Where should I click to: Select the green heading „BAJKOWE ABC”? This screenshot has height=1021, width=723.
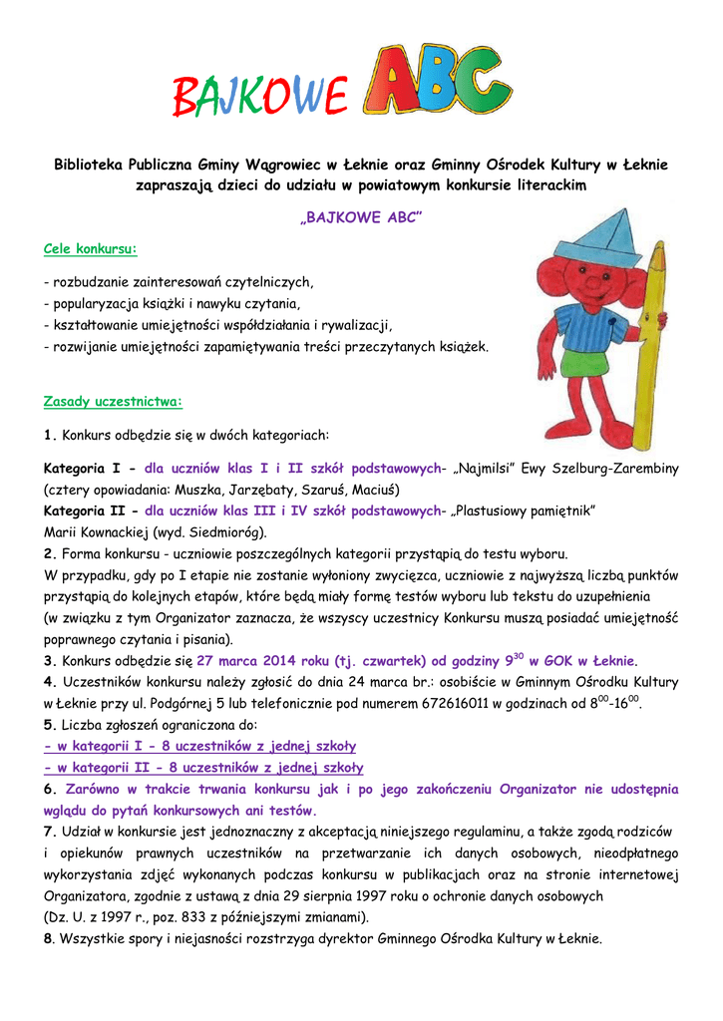362,217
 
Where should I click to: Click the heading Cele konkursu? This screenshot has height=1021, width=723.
91,247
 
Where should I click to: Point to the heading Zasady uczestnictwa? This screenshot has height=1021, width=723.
113,402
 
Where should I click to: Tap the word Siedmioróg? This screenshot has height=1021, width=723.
228,532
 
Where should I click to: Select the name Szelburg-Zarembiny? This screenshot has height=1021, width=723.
610,469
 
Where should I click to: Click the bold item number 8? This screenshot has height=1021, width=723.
49,939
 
